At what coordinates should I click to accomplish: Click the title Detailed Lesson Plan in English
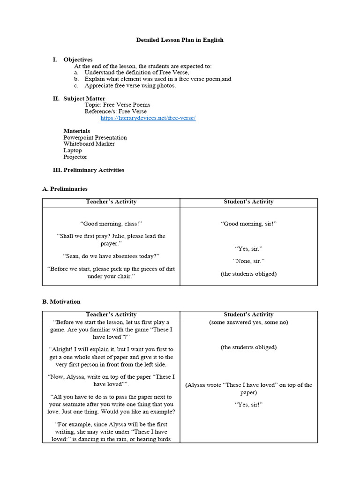point(180,40)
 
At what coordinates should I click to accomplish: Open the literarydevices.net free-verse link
point(148,118)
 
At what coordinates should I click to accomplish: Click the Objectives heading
point(78,60)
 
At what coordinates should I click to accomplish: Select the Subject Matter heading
point(84,98)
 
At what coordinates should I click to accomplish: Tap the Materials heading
point(77,131)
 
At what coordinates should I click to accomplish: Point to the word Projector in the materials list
point(75,157)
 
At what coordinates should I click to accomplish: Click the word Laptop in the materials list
point(73,150)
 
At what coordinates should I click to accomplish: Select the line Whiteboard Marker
point(89,144)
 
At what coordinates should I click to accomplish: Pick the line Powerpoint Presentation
point(95,137)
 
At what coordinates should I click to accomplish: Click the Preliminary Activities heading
point(94,170)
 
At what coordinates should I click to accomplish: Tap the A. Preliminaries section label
point(65,189)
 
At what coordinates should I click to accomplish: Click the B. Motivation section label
point(61,301)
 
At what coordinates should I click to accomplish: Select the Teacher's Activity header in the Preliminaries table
point(111,202)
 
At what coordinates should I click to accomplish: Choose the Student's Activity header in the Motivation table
point(248,315)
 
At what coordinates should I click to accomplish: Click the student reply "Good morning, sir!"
point(248,224)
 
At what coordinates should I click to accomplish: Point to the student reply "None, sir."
point(248,261)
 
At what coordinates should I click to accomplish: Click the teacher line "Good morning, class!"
point(111,224)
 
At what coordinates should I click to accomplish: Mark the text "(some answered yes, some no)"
point(248,322)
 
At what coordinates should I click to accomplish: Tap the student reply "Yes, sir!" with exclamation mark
point(248,404)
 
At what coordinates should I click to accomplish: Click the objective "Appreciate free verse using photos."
point(130,86)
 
